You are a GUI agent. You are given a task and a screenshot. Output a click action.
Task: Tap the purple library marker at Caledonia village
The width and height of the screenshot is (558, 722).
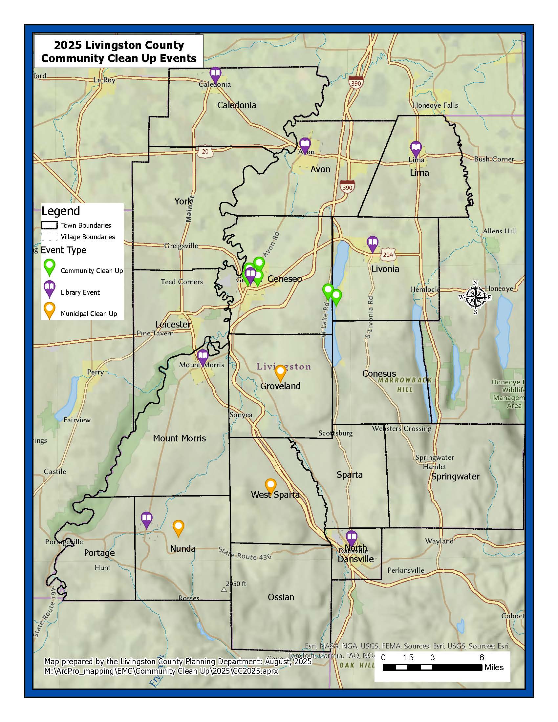[215, 75]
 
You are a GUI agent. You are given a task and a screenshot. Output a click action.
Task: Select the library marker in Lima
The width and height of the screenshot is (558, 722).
[416, 148]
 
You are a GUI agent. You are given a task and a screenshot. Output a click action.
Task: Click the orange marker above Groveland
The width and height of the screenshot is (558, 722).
[280, 372]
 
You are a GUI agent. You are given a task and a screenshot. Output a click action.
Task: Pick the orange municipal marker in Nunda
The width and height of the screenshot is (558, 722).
[179, 527]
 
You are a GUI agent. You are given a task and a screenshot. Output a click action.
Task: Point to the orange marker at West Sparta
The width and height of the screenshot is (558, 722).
[271, 486]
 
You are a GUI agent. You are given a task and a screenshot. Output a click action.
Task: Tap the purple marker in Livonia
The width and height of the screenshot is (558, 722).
[373, 244]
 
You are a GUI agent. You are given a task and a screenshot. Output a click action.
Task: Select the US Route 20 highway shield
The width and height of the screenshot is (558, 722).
[205, 151]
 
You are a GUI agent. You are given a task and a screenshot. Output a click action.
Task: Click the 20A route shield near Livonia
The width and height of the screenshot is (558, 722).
[388, 255]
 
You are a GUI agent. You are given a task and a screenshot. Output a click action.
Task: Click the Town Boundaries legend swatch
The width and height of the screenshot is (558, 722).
[49, 225]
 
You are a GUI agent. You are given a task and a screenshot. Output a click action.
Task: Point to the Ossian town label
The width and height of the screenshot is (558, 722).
[281, 597]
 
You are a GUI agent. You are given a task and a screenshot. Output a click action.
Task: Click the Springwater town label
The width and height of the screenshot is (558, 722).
[455, 477]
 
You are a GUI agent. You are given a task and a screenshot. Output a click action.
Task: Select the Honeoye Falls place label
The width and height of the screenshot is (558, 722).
[435, 105]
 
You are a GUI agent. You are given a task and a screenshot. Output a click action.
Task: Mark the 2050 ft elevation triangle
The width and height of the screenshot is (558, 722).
[224, 589]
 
